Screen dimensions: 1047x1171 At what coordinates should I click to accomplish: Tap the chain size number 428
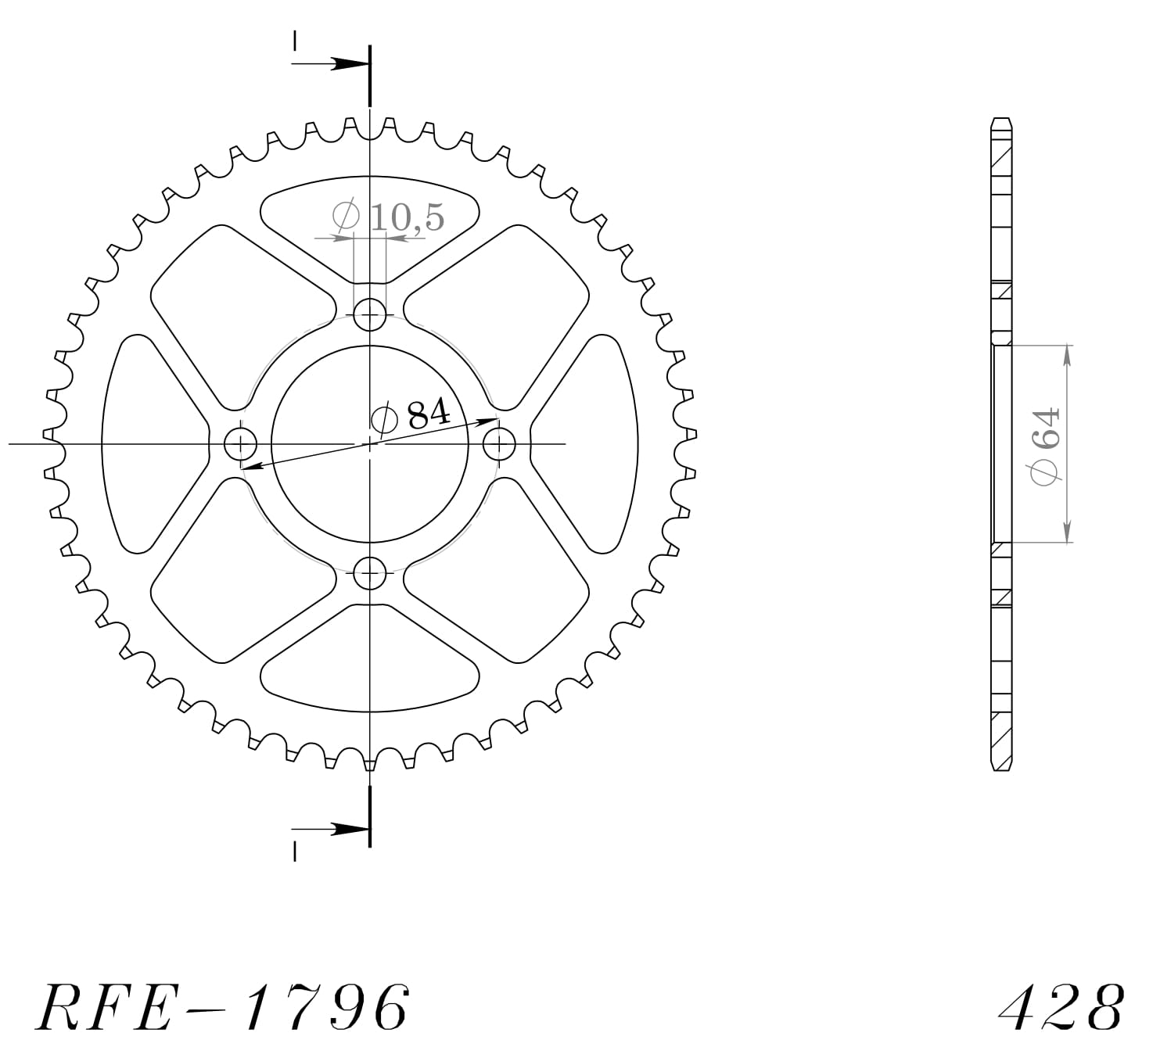click(x=1061, y=1006)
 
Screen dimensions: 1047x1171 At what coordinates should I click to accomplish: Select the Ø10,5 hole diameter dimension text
click(x=389, y=217)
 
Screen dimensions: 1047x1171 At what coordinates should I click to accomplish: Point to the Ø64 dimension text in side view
click(x=1046, y=445)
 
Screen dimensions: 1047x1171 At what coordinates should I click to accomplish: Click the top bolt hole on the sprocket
click(x=370, y=316)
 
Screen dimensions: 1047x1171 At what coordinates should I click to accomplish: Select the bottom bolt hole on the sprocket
click(x=370, y=573)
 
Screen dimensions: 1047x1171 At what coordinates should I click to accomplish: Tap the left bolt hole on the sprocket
click(x=240, y=445)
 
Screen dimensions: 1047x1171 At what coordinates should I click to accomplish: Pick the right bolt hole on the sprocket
click(x=499, y=445)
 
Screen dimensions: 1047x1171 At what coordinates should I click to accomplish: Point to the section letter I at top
click(x=295, y=39)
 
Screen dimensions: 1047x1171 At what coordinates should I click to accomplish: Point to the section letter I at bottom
click(x=295, y=852)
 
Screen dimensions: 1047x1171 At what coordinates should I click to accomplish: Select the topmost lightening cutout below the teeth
click(x=370, y=219)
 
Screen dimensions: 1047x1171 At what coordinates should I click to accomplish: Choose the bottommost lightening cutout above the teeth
click(x=370, y=671)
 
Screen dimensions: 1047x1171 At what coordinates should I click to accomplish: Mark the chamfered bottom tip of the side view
click(x=1002, y=766)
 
